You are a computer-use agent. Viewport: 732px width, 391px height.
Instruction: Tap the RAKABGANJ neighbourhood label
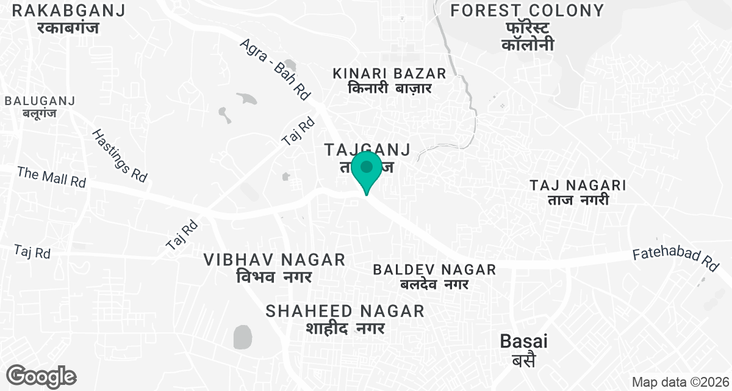click(68, 10)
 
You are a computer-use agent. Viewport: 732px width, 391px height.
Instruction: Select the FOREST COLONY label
click(527, 10)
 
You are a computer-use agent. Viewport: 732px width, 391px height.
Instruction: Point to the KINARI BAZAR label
click(390, 73)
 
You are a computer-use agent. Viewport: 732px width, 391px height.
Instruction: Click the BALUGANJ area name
click(40, 101)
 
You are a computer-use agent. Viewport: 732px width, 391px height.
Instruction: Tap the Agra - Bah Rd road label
click(276, 69)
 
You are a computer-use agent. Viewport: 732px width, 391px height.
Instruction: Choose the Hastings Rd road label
click(120, 155)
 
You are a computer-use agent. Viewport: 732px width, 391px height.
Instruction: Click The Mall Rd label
click(52, 177)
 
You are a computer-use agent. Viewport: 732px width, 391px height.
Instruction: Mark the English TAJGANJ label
click(367, 149)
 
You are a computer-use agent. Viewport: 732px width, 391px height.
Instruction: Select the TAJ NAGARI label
click(578, 185)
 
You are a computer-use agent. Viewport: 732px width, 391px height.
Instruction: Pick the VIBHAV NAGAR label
click(274, 260)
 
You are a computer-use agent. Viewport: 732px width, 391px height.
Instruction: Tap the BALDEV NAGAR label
click(434, 269)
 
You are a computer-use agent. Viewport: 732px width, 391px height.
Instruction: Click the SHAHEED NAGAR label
click(345, 311)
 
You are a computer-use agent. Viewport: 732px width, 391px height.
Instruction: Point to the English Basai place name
click(523, 342)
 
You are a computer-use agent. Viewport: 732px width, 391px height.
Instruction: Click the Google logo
click(41, 376)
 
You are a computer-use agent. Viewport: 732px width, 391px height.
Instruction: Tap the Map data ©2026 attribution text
click(680, 382)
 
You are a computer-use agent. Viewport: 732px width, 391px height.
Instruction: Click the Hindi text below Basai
click(523, 360)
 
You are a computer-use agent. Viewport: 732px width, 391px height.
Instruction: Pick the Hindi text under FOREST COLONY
click(527, 36)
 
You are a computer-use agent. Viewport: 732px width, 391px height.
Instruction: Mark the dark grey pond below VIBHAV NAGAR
click(242, 337)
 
